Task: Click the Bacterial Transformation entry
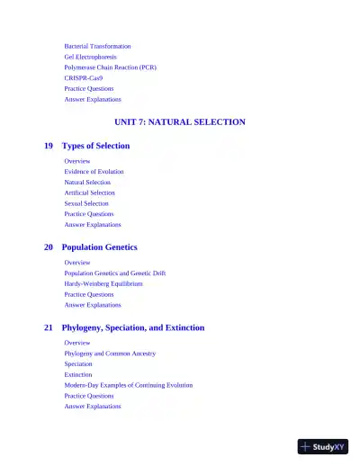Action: coord(97,46)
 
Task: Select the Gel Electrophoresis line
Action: coord(90,57)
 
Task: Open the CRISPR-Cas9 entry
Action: coord(83,78)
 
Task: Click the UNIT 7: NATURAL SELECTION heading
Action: coord(180,121)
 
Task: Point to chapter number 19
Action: coord(49,146)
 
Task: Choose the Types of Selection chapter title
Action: coord(95,146)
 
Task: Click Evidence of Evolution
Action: coord(94,171)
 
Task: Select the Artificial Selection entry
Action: coord(89,193)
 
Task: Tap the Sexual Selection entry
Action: coord(86,203)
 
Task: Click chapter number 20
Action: coord(49,246)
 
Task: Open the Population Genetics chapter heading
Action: coord(99,246)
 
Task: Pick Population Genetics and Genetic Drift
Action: coord(114,273)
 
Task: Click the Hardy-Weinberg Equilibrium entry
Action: coord(103,283)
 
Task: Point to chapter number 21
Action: coord(49,327)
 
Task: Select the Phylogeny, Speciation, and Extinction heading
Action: coord(133,327)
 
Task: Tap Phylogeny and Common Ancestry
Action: coord(110,354)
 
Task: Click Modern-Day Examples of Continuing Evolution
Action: coord(128,385)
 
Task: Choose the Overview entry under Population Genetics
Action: coord(76,262)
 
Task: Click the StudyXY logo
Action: coord(322,445)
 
